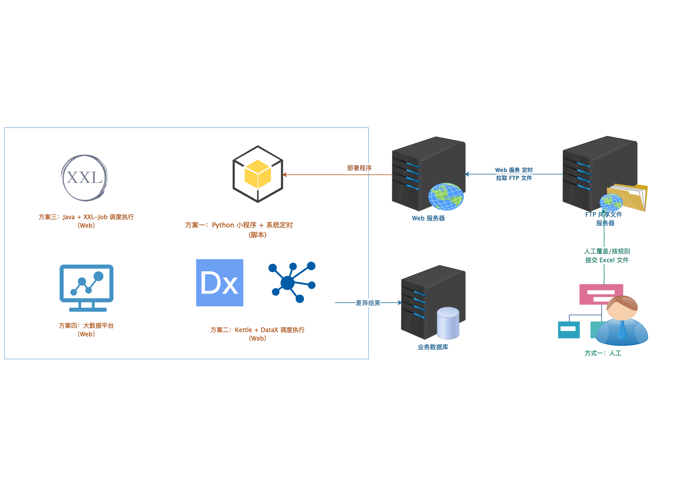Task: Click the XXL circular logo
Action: pos(84,178)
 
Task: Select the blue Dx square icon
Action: pos(220,282)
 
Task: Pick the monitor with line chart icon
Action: pos(87,288)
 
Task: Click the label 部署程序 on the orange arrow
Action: pos(359,168)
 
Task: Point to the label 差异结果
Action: pos(368,303)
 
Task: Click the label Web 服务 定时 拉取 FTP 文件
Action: pos(514,174)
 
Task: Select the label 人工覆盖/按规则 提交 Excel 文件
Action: pos(607,256)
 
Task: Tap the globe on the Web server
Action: pos(446,196)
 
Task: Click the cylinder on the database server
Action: pos(448,323)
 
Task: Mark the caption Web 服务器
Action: pos(428,218)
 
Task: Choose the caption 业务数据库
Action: pos(433,347)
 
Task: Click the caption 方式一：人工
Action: pos(603,353)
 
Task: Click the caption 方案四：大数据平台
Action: pos(86,326)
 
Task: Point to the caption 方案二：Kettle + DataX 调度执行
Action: pos(257,330)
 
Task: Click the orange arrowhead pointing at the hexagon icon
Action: pos(285,175)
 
